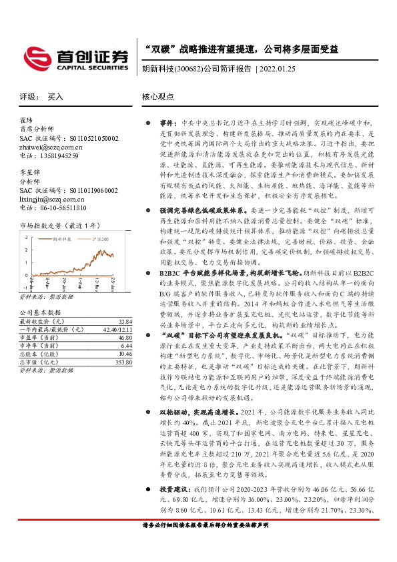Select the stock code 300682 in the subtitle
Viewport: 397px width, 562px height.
[189, 68]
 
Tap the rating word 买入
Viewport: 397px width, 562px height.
[55, 97]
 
